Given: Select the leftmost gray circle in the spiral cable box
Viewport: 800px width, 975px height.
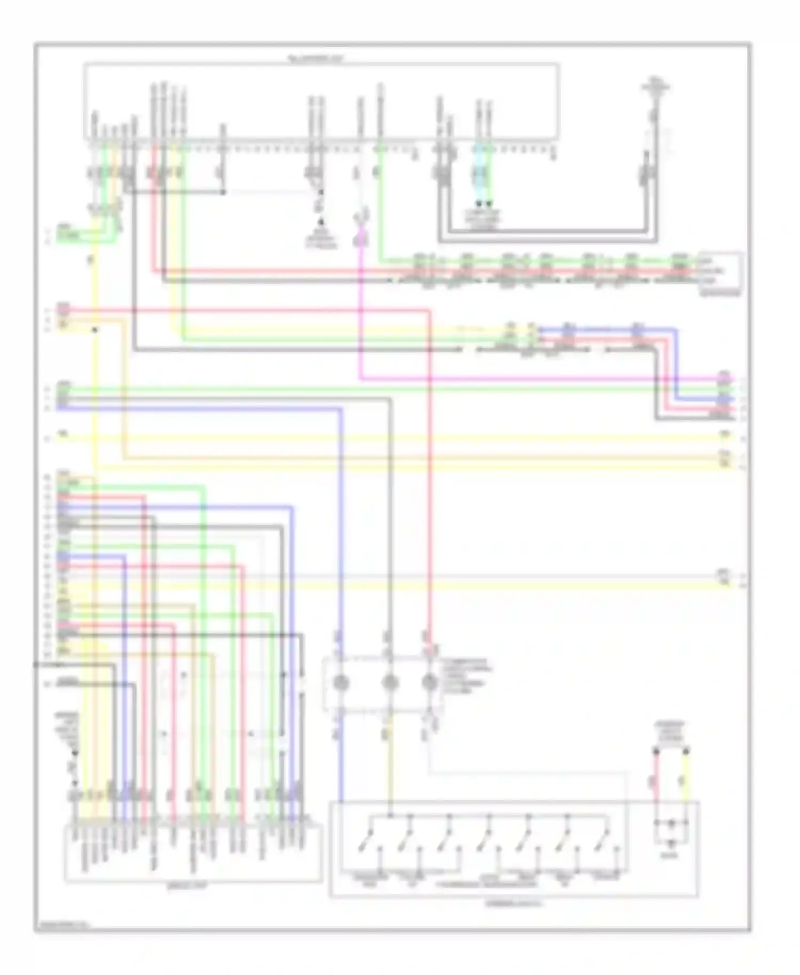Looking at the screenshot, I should tap(341, 682).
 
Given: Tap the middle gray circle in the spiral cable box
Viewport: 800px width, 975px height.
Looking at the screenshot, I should tap(390, 682).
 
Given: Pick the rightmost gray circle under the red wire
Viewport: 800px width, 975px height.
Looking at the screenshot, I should tap(430, 682).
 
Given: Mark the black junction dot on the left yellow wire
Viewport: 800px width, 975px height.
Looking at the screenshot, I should tap(94, 330).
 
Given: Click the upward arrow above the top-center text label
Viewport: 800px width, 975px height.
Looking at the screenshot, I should tap(321, 221).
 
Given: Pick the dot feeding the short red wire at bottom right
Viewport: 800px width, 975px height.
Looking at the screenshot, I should tap(657, 752).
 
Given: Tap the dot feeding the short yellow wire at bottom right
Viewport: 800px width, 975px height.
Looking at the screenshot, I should tap(686, 752).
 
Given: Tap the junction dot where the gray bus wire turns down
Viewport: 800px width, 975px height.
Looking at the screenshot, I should tap(222, 192).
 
